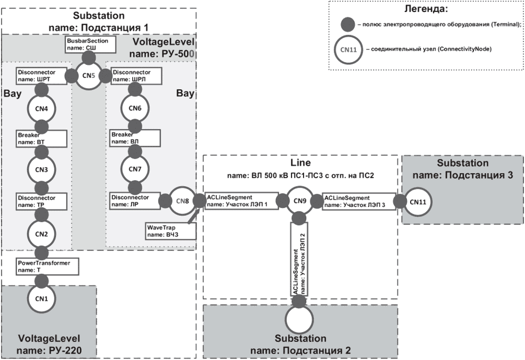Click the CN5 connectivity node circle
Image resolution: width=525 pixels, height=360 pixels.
[x=88, y=75]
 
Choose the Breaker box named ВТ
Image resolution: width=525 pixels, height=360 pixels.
[x=41, y=138]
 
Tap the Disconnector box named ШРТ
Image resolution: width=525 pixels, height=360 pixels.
[x=41, y=75]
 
